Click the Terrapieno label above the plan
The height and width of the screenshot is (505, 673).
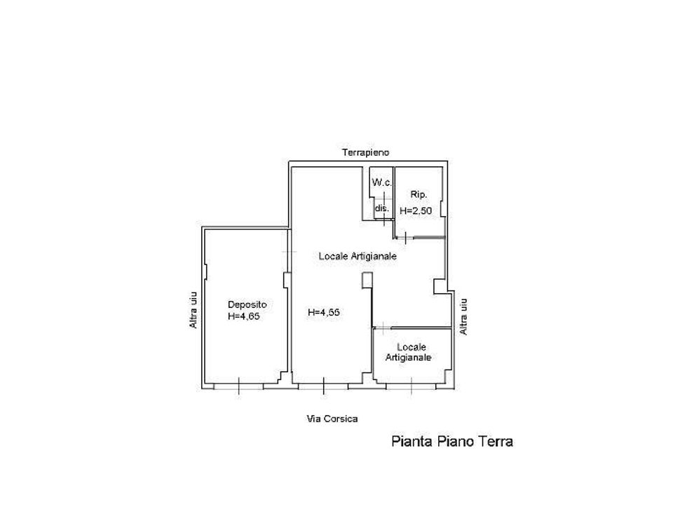(365, 152)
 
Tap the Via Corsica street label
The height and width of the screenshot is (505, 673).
(332, 419)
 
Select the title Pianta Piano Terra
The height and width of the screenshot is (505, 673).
(452, 441)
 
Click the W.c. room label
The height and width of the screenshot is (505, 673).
(381, 182)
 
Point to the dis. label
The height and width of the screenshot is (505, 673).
(382, 208)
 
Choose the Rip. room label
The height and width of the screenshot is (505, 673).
(419, 194)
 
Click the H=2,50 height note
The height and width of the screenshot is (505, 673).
(416, 211)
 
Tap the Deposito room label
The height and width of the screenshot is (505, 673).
(247, 304)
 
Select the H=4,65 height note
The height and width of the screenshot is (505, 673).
(244, 316)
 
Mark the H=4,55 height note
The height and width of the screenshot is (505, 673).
(324, 312)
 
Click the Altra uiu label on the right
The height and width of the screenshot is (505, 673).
(463, 316)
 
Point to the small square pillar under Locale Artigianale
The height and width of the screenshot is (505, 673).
(367, 280)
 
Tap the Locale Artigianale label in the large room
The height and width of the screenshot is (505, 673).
(358, 257)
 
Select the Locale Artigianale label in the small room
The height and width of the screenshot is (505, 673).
(408, 352)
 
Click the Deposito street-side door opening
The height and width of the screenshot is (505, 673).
(238, 386)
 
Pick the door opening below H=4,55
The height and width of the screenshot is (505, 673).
(323, 386)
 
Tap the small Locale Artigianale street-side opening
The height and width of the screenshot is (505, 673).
(412, 386)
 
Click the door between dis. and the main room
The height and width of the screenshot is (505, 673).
(383, 219)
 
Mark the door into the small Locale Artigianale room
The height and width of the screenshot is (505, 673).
(382, 328)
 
